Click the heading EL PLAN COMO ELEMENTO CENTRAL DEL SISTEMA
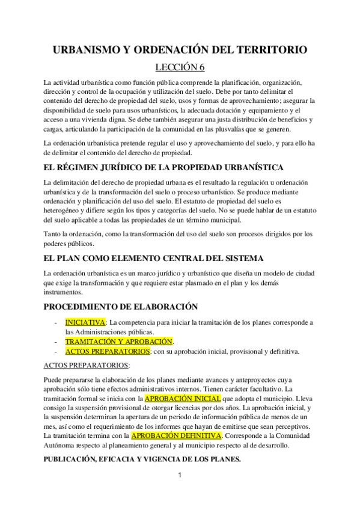(x=153, y=259)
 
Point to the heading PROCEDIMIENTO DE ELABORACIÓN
(x=121, y=306)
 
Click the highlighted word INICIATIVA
(x=85, y=322)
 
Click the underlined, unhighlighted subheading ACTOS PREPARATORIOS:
(x=87, y=366)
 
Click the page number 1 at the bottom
(x=179, y=492)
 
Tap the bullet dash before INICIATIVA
(x=56, y=323)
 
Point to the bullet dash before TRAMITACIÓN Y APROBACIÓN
(x=56, y=342)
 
